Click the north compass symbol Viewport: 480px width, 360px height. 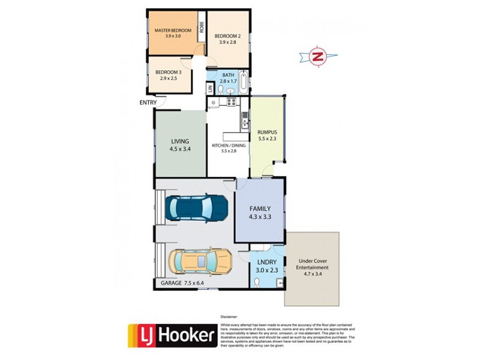point(317,58)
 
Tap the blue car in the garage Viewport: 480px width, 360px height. point(199,208)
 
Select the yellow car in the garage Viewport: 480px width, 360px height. point(200,262)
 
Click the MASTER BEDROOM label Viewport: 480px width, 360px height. point(173,30)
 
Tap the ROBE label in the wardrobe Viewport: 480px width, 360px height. point(202,27)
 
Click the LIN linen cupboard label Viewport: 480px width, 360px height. point(210,89)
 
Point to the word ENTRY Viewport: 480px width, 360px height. point(148,103)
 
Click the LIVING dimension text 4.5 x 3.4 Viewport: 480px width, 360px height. point(180,150)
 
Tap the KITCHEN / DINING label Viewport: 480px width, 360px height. point(229,146)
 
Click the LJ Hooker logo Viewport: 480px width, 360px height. point(172,335)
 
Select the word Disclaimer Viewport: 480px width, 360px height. point(229,316)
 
